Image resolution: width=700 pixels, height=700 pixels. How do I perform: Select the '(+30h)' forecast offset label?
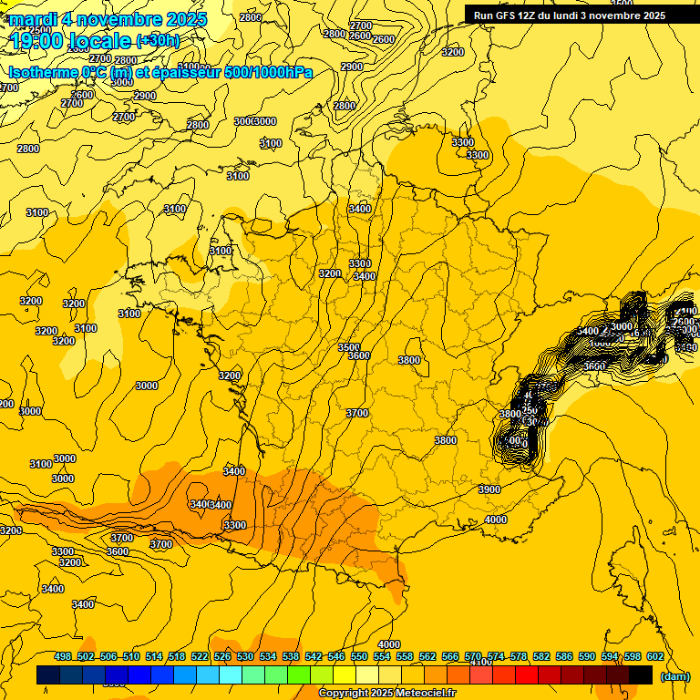coord(158,41)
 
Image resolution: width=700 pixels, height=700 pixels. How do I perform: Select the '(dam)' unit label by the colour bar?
coord(674,675)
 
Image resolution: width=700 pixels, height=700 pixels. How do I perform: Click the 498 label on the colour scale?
coord(63,656)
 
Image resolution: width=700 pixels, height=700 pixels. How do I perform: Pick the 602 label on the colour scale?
coord(654,656)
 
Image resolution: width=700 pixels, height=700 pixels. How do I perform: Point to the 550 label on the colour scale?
coord(359,656)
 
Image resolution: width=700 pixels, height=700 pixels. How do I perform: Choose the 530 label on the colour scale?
coord(245,656)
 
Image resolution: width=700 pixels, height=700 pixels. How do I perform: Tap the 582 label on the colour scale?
coord(541,656)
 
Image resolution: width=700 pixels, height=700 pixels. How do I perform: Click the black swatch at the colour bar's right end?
coord(641,675)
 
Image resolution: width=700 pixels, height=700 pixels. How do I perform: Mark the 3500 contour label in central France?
coord(348,347)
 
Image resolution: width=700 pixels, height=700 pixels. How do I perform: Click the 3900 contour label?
coord(489,489)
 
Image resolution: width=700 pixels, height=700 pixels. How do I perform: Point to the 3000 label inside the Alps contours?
coord(622,326)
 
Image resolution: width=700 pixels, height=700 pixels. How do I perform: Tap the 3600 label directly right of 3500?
coord(359,355)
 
